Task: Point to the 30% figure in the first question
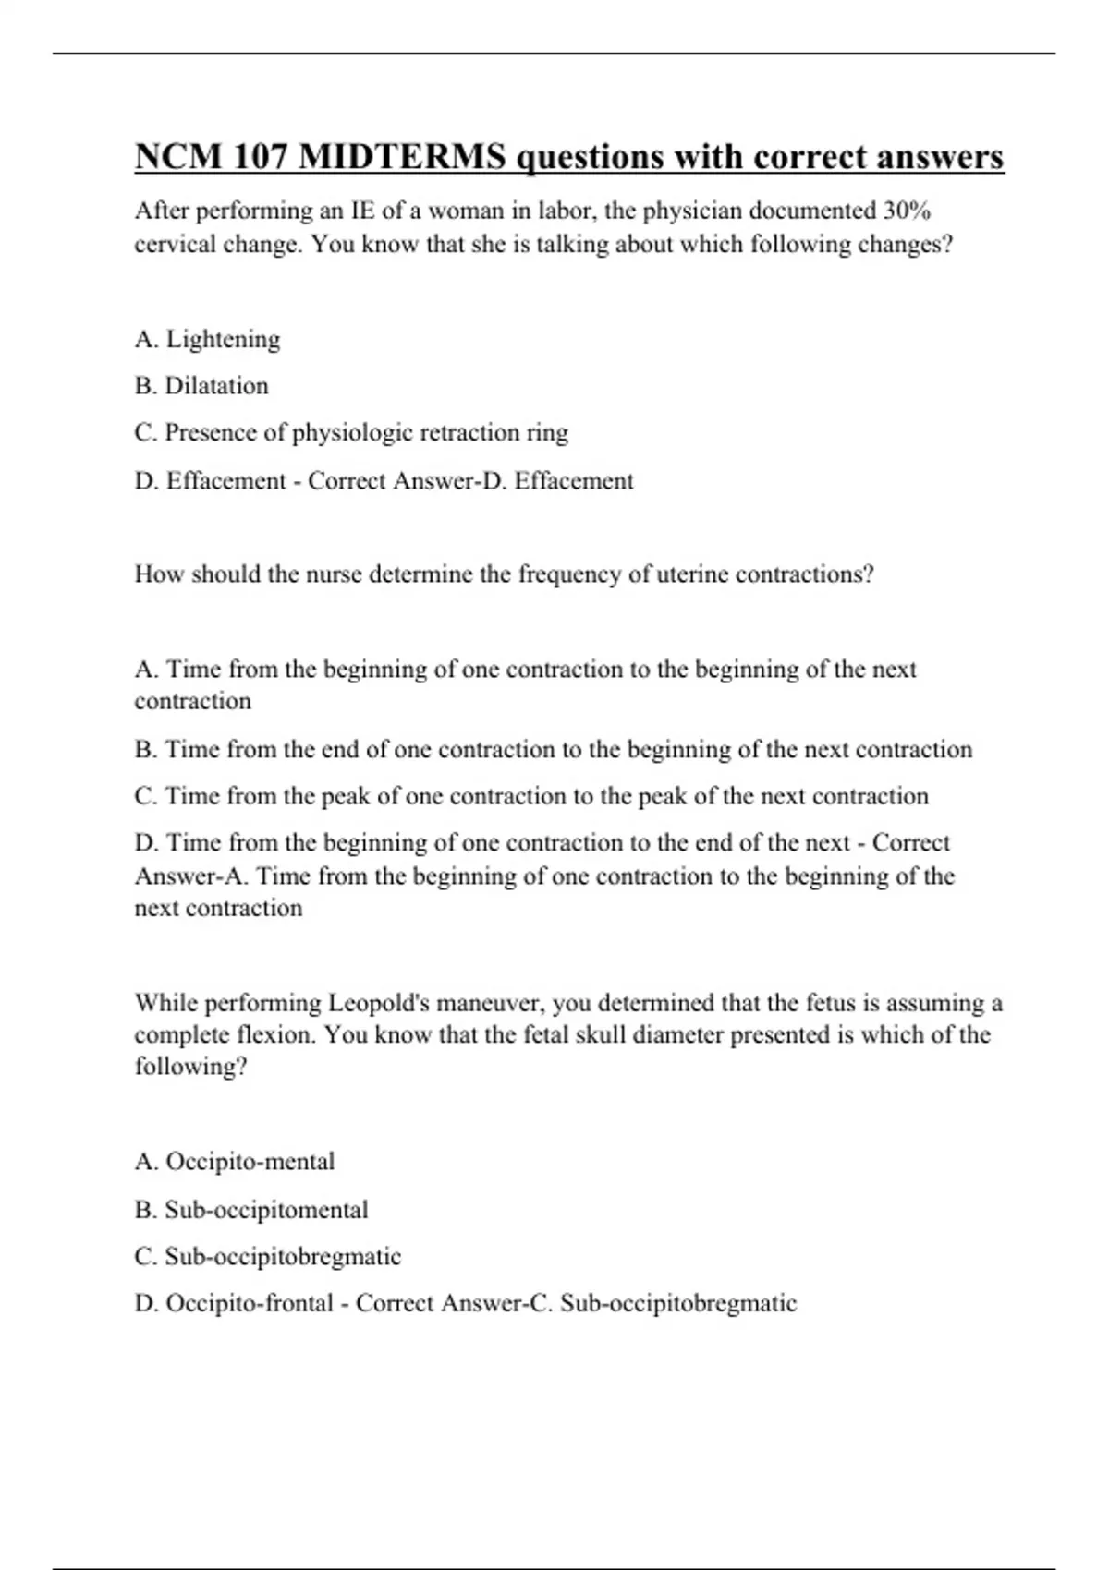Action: coord(907,211)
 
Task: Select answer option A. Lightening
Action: coord(207,340)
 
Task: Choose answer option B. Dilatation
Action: coord(201,386)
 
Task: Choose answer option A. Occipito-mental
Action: coord(235,1162)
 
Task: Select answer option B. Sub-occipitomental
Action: coord(251,1210)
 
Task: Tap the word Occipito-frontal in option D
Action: coord(250,1303)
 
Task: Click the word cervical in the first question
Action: coord(177,245)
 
